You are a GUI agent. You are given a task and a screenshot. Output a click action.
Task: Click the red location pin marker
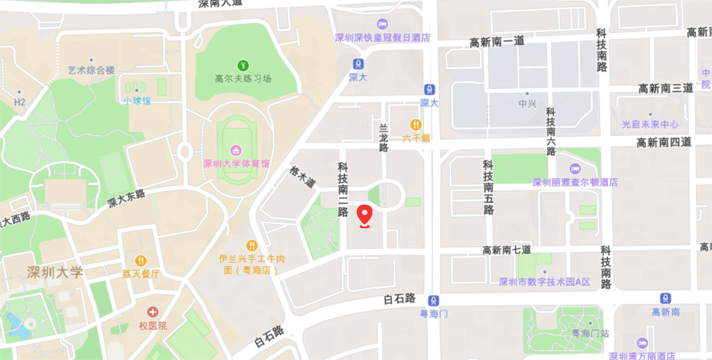(x=365, y=215)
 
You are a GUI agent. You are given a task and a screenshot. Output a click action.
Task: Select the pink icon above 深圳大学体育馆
(x=236, y=150)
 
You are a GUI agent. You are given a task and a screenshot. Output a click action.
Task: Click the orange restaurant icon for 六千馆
(x=416, y=125)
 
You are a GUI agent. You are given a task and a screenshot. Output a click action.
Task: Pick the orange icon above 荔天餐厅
(x=141, y=260)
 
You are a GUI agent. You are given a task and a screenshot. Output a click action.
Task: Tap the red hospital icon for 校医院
(x=153, y=312)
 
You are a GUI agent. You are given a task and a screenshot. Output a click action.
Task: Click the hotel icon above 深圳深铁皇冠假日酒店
(x=382, y=24)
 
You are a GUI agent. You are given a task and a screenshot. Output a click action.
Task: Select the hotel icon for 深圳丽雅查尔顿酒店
(x=575, y=168)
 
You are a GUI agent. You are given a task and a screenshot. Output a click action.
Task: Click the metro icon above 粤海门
(x=433, y=300)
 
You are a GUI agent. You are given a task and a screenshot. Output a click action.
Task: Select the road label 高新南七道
(x=506, y=250)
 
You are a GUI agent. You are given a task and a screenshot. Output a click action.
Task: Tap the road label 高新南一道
(x=497, y=42)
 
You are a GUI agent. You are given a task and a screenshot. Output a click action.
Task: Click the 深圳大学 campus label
(x=54, y=272)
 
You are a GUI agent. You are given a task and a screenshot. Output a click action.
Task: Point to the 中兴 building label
(x=527, y=103)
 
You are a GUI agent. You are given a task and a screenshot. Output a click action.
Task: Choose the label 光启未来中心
(x=650, y=124)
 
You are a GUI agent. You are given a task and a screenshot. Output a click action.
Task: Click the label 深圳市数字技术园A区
(x=544, y=282)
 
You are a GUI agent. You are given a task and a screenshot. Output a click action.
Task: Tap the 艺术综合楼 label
(x=91, y=70)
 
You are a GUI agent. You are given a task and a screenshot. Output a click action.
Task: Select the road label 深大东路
(x=126, y=199)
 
